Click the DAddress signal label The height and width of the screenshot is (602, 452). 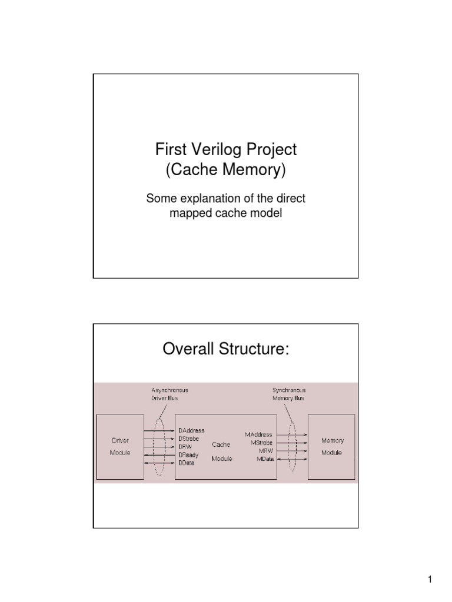[191, 431]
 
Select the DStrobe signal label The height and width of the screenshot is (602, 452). [189, 439]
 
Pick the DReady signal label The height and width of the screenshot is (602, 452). [188, 455]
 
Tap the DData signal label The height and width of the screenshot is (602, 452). [186, 463]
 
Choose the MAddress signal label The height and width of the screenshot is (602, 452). [258, 434]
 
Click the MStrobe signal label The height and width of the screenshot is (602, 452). [261, 442]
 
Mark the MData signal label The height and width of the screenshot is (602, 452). [264, 459]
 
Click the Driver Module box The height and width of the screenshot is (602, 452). [120, 447]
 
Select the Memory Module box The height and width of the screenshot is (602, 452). [332, 447]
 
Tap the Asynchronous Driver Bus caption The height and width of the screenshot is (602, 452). [169, 394]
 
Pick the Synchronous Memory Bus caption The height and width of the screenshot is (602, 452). [288, 394]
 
